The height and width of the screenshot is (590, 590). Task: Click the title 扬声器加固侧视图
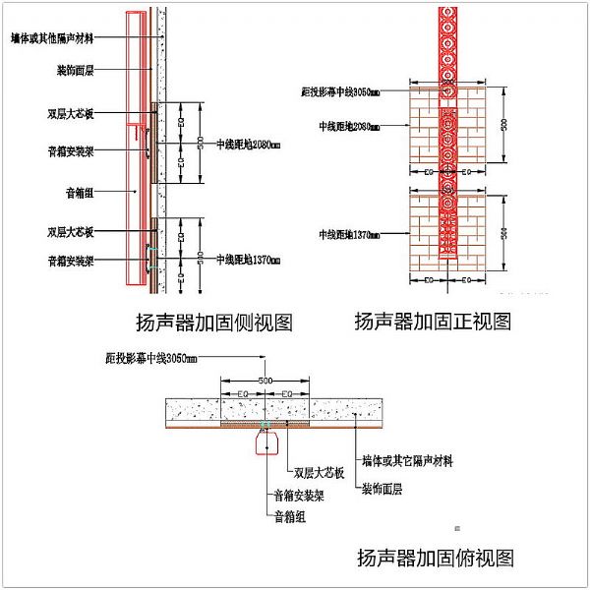click(214, 322)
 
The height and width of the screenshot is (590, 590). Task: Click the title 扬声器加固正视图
click(433, 321)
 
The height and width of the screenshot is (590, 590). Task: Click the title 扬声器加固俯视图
click(435, 559)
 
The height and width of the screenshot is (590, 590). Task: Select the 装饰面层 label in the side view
click(76, 71)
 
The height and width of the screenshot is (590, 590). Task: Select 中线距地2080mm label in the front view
click(349, 126)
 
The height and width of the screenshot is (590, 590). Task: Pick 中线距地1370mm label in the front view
click(349, 234)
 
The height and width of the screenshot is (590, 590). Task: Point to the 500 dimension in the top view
click(265, 379)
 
